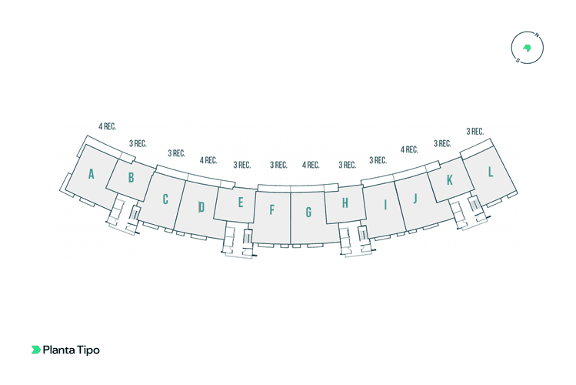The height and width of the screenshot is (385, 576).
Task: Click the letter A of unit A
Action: point(91,174)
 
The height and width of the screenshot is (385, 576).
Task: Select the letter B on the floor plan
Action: point(132,178)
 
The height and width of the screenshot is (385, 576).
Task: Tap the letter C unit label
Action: point(165,199)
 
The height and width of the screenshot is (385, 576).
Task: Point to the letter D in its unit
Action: point(201,207)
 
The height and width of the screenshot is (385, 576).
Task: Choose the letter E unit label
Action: point(241,203)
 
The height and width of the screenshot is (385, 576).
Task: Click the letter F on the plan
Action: point(271,210)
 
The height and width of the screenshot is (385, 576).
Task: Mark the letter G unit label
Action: point(308,213)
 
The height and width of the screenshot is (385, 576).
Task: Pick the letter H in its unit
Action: point(345,203)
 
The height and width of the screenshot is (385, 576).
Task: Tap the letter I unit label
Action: point(385,205)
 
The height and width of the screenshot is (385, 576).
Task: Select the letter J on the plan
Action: point(415,199)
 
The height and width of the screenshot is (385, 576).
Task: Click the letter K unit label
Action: point(450,180)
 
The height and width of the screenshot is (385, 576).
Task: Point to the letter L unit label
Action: point(490,172)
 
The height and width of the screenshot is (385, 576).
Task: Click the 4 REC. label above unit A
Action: point(107,126)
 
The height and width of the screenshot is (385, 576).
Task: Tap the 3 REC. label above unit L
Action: point(475,131)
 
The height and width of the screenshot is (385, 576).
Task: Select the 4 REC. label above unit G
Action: point(311,165)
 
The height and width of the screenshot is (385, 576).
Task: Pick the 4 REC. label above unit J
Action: point(409,149)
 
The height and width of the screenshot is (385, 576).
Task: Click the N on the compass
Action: point(537,35)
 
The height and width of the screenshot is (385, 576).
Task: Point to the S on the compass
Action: point(518,60)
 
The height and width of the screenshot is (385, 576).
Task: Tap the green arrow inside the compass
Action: point(527,48)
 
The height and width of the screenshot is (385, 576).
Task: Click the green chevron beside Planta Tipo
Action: point(35,350)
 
